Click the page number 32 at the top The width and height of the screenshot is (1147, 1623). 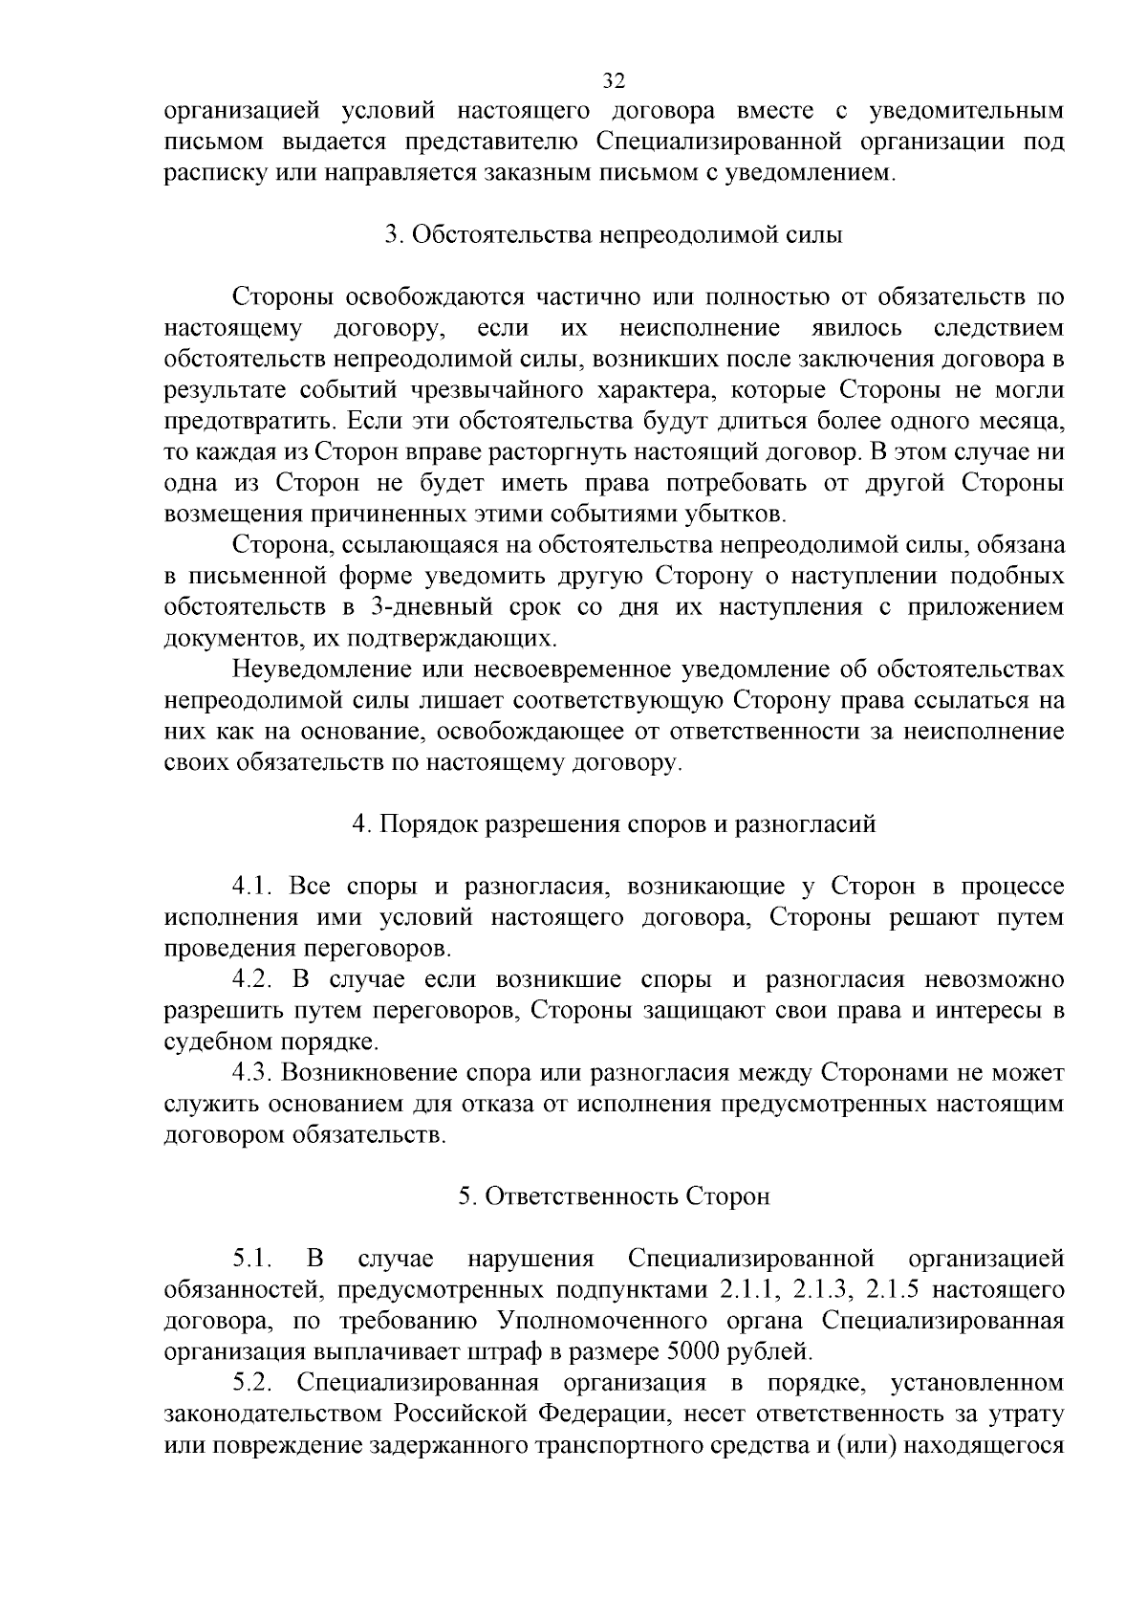(x=614, y=79)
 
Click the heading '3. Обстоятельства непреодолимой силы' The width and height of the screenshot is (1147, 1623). (x=614, y=235)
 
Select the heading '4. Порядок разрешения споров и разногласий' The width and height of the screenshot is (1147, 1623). (x=614, y=824)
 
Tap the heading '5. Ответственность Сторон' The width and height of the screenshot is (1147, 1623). (x=614, y=1196)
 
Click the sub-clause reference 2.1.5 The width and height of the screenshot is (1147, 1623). (x=893, y=1290)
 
